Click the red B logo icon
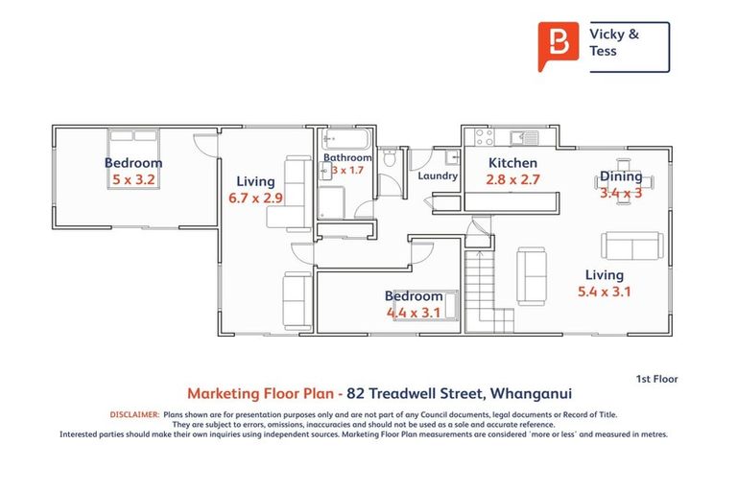click(559, 45)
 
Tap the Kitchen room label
click(512, 163)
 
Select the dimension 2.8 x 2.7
click(512, 178)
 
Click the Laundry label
click(438, 176)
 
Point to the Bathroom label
click(347, 157)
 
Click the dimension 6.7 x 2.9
click(255, 198)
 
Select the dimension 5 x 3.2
click(133, 178)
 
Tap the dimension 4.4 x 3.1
click(414, 312)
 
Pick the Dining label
click(621, 176)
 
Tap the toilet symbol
click(388, 169)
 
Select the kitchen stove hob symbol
click(485, 138)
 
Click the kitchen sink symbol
click(529, 136)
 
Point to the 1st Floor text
click(656, 379)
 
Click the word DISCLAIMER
click(134, 414)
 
